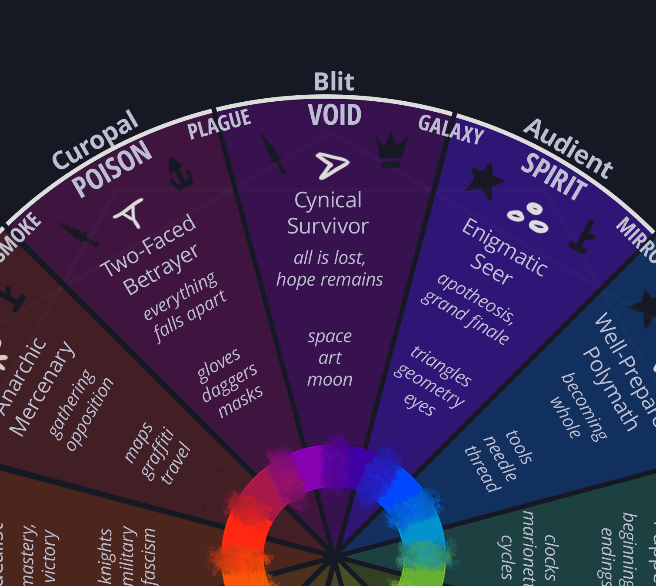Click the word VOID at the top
[334, 115]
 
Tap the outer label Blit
[334, 82]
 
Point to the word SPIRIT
[554, 177]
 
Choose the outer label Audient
[568, 148]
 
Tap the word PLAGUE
[219, 124]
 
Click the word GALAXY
[451, 130]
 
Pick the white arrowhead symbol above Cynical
[332, 165]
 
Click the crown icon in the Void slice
[391, 150]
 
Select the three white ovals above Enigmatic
[529, 217]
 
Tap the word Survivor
[328, 226]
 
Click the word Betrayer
[160, 270]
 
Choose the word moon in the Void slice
[330, 380]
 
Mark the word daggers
[230, 383]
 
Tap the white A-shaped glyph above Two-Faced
[130, 213]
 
